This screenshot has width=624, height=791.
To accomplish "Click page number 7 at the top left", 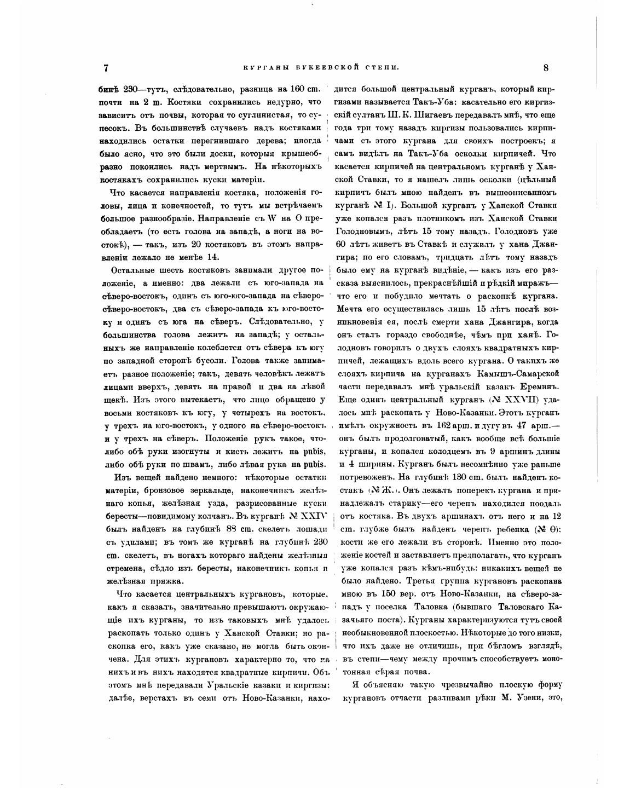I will coord(106,68).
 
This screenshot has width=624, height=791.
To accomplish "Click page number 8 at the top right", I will coord(546,68).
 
